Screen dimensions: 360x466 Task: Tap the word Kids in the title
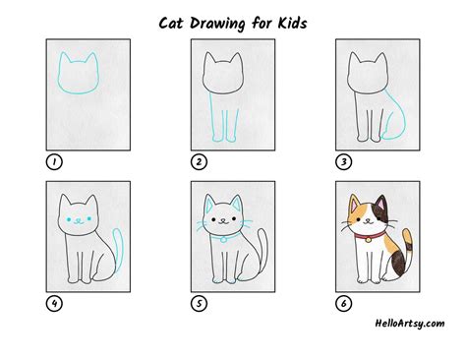[310, 21]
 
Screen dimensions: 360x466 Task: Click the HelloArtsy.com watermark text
[410, 324]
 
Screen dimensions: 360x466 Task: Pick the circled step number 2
[199, 161]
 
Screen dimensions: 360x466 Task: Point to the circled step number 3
[342, 161]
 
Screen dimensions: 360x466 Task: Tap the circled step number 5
[199, 303]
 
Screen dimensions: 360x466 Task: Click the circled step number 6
[342, 303]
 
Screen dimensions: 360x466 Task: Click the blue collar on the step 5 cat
[222, 235]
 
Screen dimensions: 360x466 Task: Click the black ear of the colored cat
[383, 201]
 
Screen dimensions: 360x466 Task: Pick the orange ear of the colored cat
[353, 202]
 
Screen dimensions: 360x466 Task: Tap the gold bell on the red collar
[370, 238]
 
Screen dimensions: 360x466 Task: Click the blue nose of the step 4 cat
[79, 221]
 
